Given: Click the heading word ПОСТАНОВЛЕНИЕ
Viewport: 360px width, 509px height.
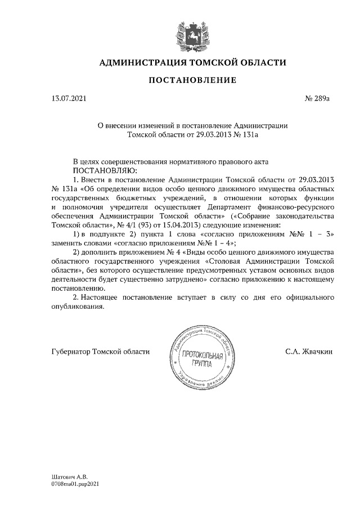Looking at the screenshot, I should [192, 80].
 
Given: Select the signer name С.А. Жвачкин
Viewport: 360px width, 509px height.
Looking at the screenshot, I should [309, 352].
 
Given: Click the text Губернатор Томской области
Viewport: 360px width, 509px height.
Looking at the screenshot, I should [100, 352].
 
